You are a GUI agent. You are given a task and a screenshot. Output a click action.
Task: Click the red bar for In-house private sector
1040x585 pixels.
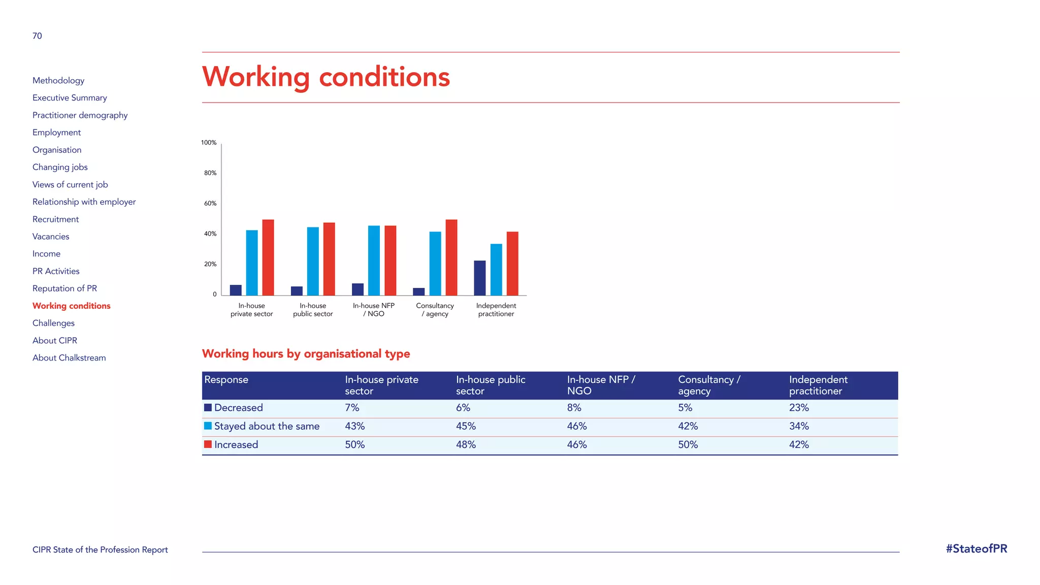point(268,257)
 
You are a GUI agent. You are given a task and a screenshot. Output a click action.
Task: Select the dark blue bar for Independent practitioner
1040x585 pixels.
point(479,278)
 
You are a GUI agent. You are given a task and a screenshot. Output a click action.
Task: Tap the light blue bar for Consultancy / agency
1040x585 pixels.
point(435,264)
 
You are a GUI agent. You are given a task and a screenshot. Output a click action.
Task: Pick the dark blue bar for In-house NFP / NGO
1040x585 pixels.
point(357,289)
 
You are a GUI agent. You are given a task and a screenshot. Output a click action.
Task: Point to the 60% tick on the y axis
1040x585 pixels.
point(210,204)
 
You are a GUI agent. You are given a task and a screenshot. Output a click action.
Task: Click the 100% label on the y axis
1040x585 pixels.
point(209,143)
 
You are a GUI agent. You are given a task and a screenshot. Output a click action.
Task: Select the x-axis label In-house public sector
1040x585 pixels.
point(313,310)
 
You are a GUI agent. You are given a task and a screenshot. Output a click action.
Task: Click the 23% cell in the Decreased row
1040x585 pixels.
point(799,408)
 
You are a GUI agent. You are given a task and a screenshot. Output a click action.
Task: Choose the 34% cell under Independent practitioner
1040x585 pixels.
point(799,426)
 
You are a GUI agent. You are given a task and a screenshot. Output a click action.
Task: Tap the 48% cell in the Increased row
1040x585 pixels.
point(466,445)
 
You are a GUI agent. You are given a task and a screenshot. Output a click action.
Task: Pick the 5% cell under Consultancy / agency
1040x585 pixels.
point(685,408)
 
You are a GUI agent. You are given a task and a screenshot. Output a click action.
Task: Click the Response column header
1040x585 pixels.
point(226,380)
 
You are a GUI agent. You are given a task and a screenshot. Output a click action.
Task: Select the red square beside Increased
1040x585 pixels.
point(208,444)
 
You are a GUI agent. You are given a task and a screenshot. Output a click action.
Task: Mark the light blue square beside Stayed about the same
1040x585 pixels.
point(208,426)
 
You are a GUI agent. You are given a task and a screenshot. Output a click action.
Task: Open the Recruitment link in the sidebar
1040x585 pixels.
point(55,219)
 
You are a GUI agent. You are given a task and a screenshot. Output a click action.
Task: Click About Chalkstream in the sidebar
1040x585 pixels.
point(69,358)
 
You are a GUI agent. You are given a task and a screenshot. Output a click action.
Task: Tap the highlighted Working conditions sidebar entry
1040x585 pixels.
point(71,306)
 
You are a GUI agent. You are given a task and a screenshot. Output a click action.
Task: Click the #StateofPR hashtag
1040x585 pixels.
point(976,549)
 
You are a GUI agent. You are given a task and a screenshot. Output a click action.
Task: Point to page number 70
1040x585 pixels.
point(37,36)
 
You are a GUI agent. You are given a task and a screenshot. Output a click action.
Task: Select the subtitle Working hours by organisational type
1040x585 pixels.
point(306,354)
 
